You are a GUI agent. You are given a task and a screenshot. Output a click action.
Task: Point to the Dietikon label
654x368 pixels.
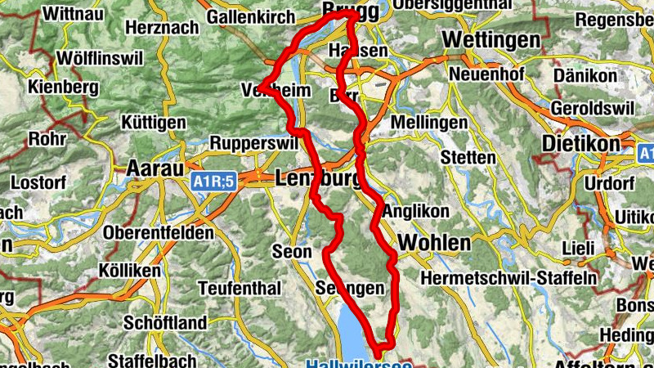581,143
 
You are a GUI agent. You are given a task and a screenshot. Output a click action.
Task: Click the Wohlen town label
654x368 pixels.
434,243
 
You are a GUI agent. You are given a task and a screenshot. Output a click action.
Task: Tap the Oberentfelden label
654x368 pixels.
159,233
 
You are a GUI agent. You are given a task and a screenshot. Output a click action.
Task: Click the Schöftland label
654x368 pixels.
165,323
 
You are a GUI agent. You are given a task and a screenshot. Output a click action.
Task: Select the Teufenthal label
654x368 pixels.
240,288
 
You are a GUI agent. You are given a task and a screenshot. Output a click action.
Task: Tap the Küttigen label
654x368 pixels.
153,122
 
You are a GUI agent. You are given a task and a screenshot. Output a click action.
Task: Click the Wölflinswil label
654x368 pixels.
101,59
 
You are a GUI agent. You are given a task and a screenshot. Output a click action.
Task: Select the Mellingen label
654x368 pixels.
429,122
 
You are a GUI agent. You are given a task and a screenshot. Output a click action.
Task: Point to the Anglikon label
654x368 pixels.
416,211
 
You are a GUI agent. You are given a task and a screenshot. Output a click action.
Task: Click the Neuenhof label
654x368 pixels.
485,74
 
